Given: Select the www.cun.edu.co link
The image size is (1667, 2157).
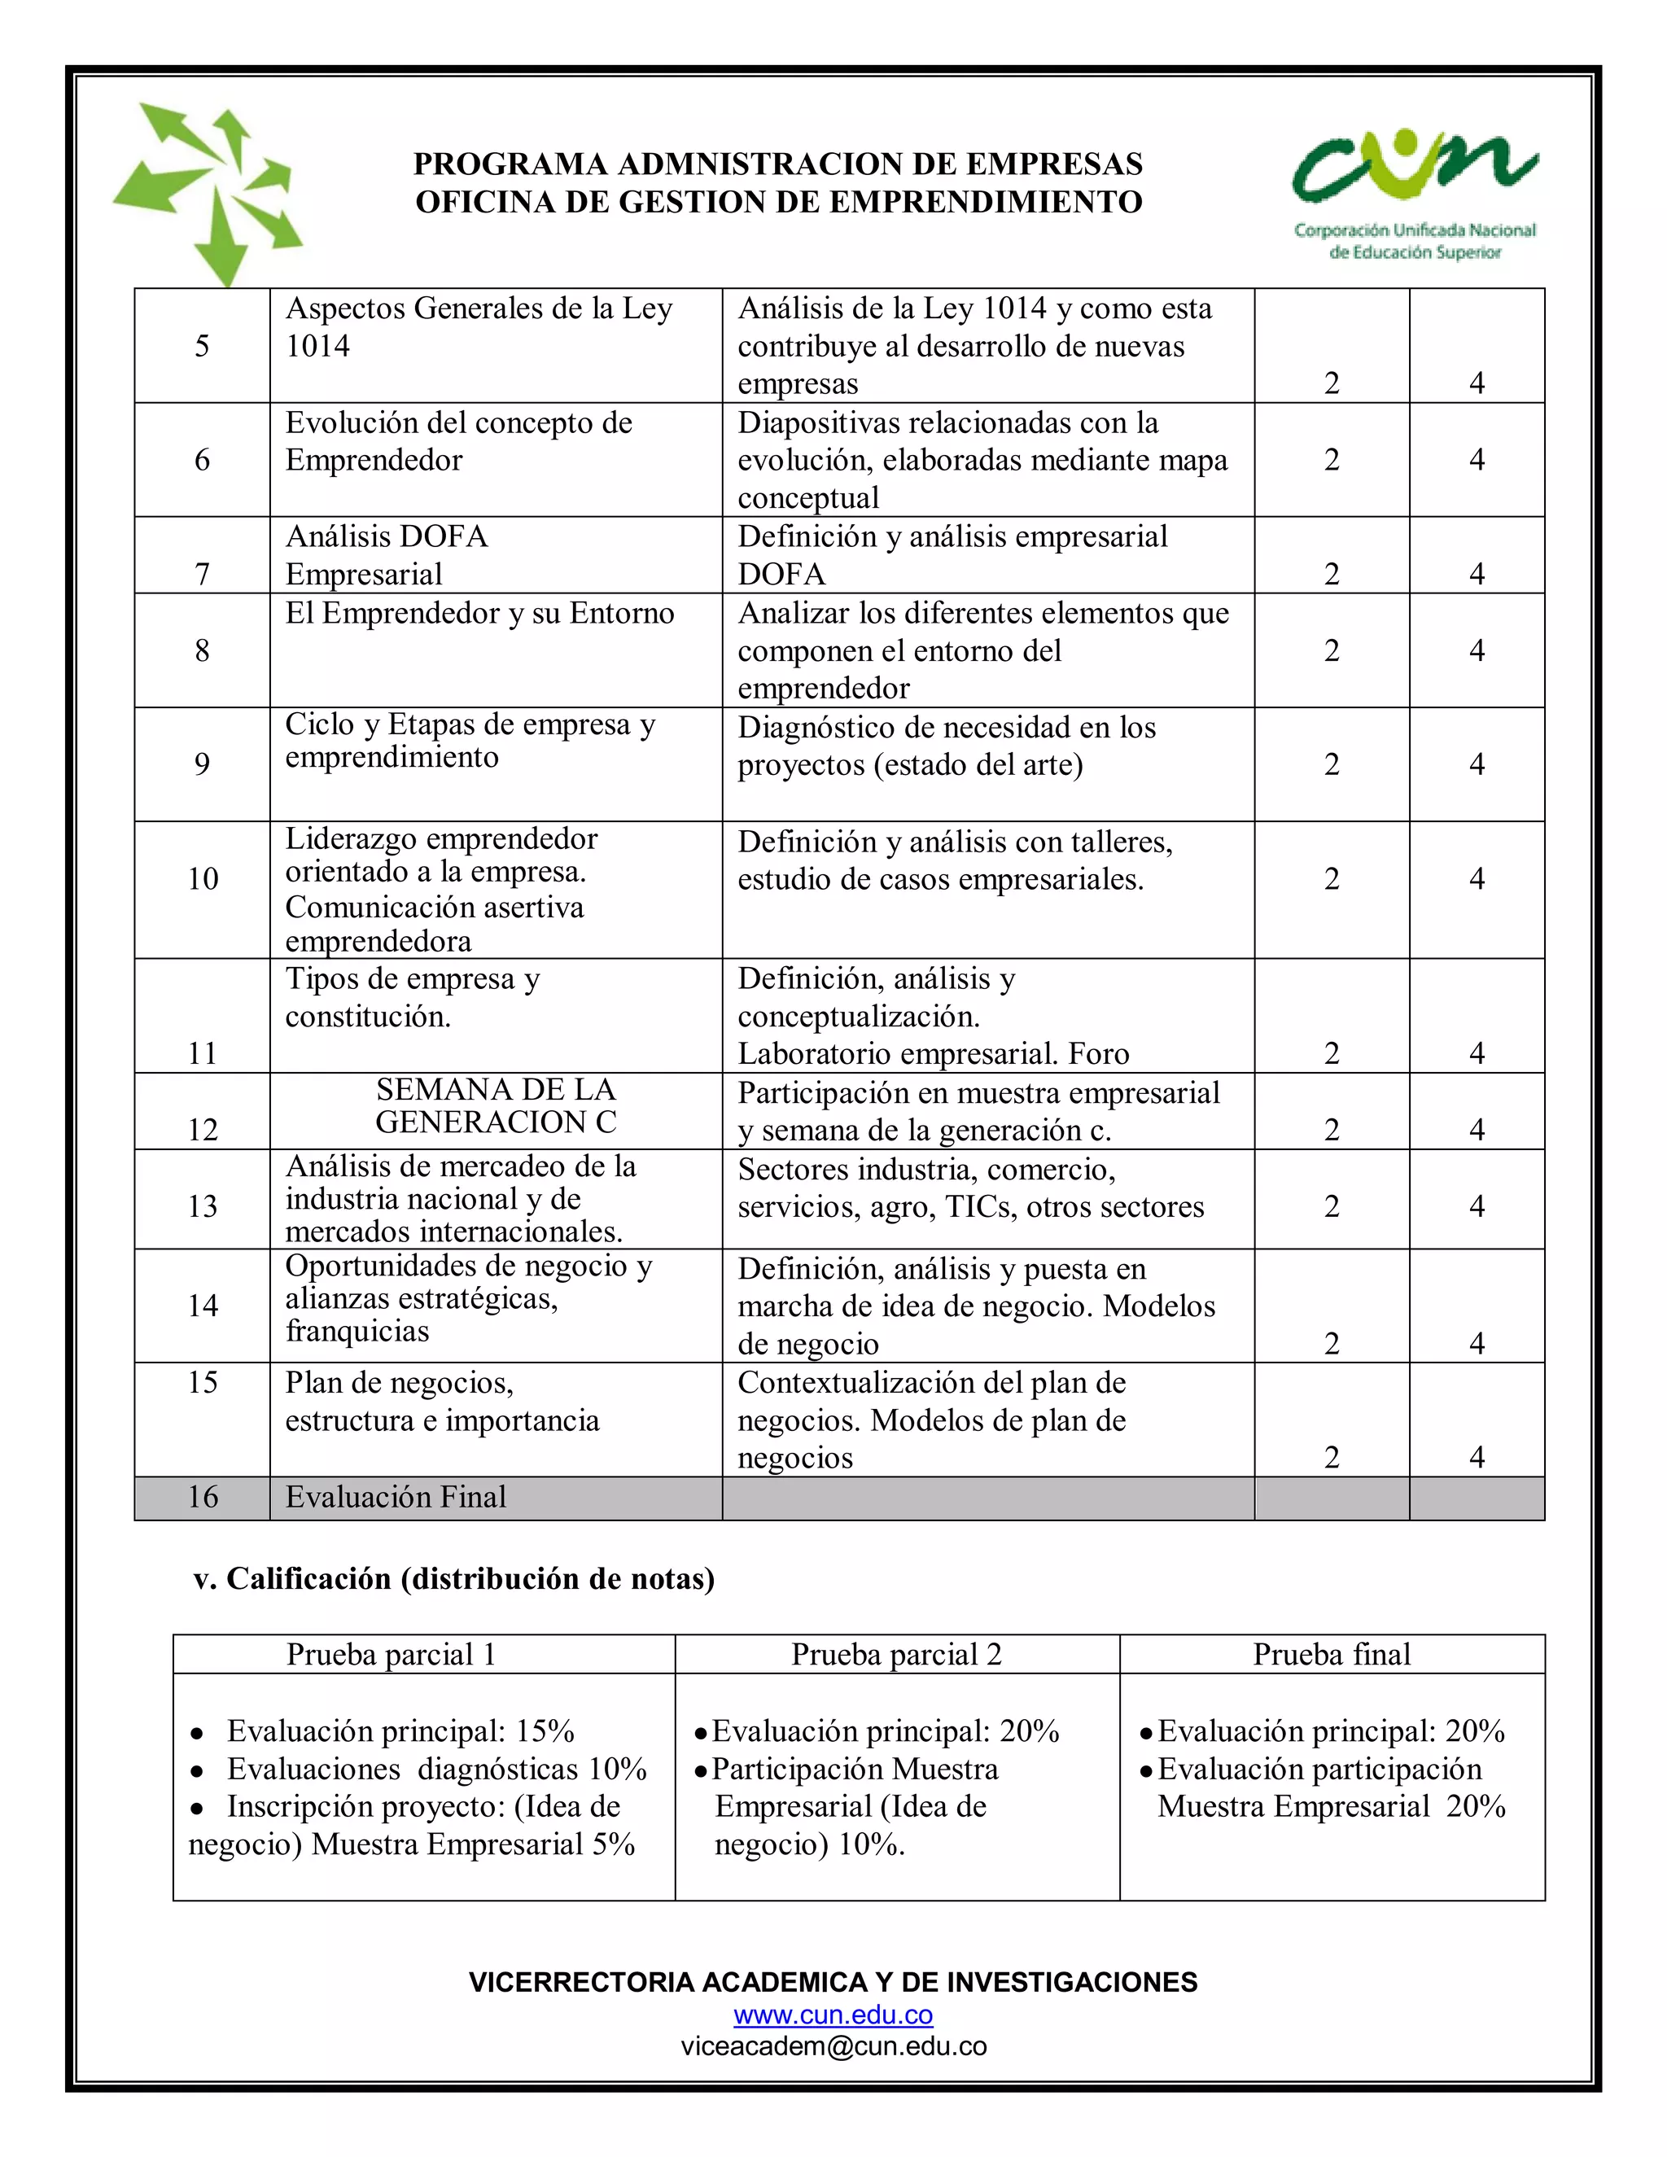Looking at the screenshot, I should [x=833, y=2015].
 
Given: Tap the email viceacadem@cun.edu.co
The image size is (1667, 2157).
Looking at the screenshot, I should [x=833, y=2045].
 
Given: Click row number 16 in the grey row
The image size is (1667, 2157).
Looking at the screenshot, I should [x=203, y=1497].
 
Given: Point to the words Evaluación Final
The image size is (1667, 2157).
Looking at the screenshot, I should [x=395, y=1497].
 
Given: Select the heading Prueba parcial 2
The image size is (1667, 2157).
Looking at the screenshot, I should [x=895, y=1654].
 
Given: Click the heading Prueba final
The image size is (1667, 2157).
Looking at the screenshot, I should [x=1331, y=1654].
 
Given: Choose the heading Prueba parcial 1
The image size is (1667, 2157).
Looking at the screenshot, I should [x=391, y=1654].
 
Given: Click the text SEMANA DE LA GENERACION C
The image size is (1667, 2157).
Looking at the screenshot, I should [x=496, y=1106].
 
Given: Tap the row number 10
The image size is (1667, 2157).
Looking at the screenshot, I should [x=203, y=879].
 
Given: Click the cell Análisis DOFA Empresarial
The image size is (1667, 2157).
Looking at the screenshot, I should [x=387, y=555].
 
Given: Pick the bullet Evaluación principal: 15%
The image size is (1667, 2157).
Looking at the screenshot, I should [x=400, y=1731].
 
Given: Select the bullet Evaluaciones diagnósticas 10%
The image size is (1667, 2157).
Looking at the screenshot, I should [x=435, y=1769].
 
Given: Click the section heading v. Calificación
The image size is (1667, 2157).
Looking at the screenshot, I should [x=454, y=1578].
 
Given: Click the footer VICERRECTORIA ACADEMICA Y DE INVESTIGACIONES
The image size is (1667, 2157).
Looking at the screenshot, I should [x=833, y=1982].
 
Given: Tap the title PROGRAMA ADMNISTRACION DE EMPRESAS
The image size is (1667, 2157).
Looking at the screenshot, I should [x=778, y=163].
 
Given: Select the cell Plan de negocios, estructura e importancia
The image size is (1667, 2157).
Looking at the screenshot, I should [x=443, y=1402].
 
